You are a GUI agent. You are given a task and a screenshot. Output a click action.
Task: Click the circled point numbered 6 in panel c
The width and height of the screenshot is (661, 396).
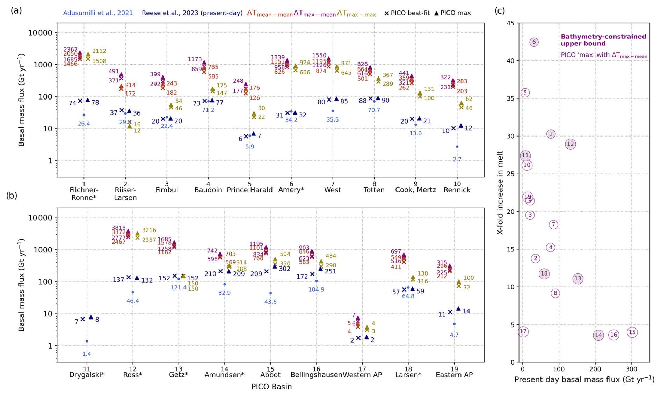coord(534,42)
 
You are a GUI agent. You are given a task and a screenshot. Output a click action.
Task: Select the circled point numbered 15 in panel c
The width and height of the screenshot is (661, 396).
coord(632,332)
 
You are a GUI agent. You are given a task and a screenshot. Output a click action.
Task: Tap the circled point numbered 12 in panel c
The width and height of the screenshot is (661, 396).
coord(570,144)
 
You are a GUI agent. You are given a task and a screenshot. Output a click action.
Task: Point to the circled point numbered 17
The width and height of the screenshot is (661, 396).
coord(523,331)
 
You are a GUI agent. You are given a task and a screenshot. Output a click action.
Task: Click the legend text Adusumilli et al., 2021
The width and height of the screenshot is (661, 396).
coord(98,13)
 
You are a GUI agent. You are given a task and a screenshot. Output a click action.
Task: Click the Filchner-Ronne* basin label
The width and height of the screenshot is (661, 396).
coord(84,193)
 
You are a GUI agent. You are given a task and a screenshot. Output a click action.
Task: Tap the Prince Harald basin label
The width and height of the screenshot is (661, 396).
coord(249,190)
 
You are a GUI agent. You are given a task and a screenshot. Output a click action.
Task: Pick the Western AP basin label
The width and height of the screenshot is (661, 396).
coord(362,375)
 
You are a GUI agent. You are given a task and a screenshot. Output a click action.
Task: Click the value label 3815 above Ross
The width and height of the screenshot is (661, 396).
coord(118,228)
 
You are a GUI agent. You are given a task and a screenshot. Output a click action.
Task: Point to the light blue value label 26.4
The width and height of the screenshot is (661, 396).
coord(84,124)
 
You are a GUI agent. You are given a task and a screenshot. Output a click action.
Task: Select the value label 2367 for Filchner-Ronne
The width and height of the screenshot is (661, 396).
coord(71,49)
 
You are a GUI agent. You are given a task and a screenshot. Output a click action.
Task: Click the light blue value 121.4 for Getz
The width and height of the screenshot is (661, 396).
coord(179,287)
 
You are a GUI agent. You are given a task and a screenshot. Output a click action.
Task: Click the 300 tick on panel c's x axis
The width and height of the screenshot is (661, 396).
coord(631,369)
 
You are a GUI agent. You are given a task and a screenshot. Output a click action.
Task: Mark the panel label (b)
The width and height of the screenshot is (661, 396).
coord(12,195)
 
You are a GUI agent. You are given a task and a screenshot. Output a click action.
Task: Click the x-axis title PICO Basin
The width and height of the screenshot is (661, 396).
coord(271,387)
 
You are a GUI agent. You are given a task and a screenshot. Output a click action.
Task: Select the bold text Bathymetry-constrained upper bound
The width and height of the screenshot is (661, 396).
coord(603,40)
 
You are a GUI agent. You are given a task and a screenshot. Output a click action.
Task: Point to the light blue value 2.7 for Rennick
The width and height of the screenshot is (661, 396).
coord(457,160)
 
